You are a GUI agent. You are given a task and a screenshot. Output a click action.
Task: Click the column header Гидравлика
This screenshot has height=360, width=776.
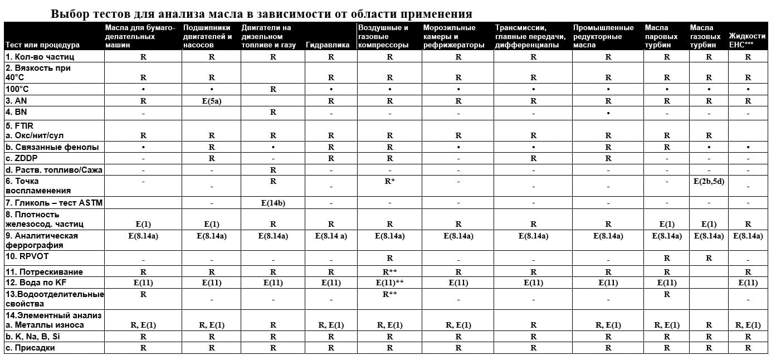point(328,45)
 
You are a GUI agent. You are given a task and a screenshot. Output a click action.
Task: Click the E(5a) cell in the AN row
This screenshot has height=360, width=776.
point(211,101)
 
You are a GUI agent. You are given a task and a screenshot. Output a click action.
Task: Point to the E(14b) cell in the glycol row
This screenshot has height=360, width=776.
point(273,203)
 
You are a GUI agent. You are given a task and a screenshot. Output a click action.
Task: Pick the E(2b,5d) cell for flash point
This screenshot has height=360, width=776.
point(709,181)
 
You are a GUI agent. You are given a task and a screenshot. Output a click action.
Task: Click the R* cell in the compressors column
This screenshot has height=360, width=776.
point(389,181)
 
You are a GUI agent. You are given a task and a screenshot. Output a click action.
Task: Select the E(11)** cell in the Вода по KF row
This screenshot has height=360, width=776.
point(389,283)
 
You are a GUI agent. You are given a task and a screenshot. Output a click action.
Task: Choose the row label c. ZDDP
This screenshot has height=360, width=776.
point(23,159)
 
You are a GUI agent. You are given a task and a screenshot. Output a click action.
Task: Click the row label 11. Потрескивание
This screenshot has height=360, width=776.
point(44,272)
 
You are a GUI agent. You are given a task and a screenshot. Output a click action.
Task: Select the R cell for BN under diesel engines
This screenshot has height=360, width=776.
point(273,113)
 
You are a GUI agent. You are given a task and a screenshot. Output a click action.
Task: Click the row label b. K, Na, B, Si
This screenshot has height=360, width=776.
point(33,337)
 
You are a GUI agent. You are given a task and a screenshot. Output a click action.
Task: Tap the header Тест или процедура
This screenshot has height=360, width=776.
point(43,45)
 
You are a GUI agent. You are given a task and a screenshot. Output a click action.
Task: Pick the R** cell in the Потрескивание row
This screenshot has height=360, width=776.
point(389,272)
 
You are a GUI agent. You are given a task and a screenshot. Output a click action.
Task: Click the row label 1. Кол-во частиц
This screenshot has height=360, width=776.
point(40,57)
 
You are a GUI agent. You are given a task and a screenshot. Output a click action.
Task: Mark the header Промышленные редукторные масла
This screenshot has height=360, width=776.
point(603,36)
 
